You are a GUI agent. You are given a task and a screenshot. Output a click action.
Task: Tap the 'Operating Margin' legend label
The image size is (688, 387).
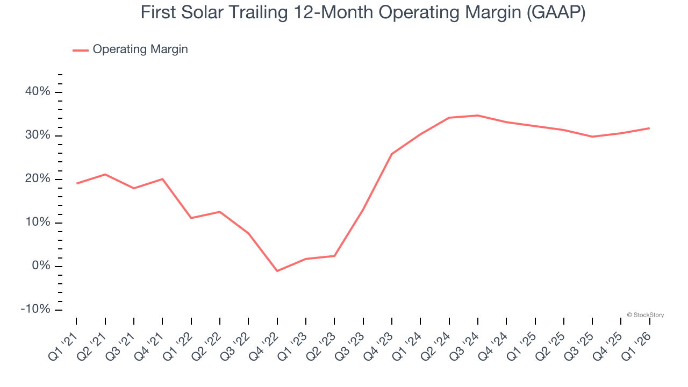pyautogui.click(x=140, y=49)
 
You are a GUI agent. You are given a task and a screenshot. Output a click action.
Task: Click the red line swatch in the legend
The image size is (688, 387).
pyautogui.click(x=81, y=50)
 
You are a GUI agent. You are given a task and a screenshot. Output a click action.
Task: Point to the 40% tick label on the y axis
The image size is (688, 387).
pyautogui.click(x=38, y=92)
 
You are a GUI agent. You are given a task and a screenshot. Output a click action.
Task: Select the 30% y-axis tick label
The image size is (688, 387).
pyautogui.click(x=38, y=135)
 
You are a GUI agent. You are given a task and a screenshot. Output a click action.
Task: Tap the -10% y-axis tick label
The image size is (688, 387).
pyautogui.click(x=35, y=310)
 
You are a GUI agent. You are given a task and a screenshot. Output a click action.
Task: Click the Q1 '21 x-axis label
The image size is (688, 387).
pyautogui.click(x=63, y=344)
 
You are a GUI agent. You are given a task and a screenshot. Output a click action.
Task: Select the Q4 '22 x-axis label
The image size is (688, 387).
pyautogui.click(x=264, y=344)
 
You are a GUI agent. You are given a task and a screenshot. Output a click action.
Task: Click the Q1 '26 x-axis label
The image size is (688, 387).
pyautogui.click(x=637, y=344)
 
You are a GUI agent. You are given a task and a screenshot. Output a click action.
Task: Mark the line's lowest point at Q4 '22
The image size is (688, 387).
pyautogui.click(x=277, y=271)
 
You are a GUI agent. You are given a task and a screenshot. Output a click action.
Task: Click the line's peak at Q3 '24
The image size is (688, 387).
pyautogui.click(x=478, y=116)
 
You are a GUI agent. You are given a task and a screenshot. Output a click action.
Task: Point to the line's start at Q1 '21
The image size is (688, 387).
pyautogui.click(x=76, y=183)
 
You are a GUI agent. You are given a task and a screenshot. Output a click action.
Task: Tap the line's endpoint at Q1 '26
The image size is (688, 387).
pyautogui.click(x=650, y=128)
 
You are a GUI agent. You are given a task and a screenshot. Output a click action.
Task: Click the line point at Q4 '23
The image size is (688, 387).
pyautogui.click(x=392, y=154)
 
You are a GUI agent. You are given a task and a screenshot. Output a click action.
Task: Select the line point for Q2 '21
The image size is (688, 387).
pyautogui.click(x=105, y=174)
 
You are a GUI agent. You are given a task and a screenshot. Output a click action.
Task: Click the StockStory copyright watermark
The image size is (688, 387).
pyautogui.click(x=645, y=315)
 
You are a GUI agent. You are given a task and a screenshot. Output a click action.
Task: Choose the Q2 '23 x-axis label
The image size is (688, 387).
pyautogui.click(x=322, y=344)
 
